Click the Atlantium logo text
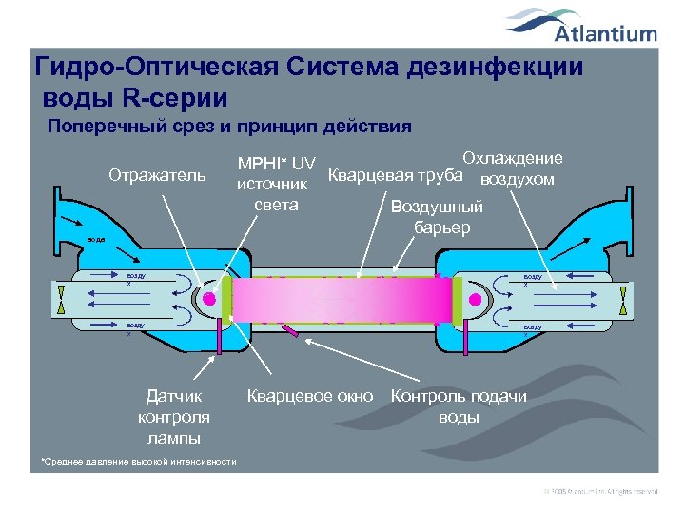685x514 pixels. click(x=605, y=34)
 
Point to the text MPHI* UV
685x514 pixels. click(x=277, y=163)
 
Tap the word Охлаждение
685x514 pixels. click(x=512, y=158)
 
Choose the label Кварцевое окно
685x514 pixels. click(x=310, y=395)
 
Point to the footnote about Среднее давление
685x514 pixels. click(x=138, y=461)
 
